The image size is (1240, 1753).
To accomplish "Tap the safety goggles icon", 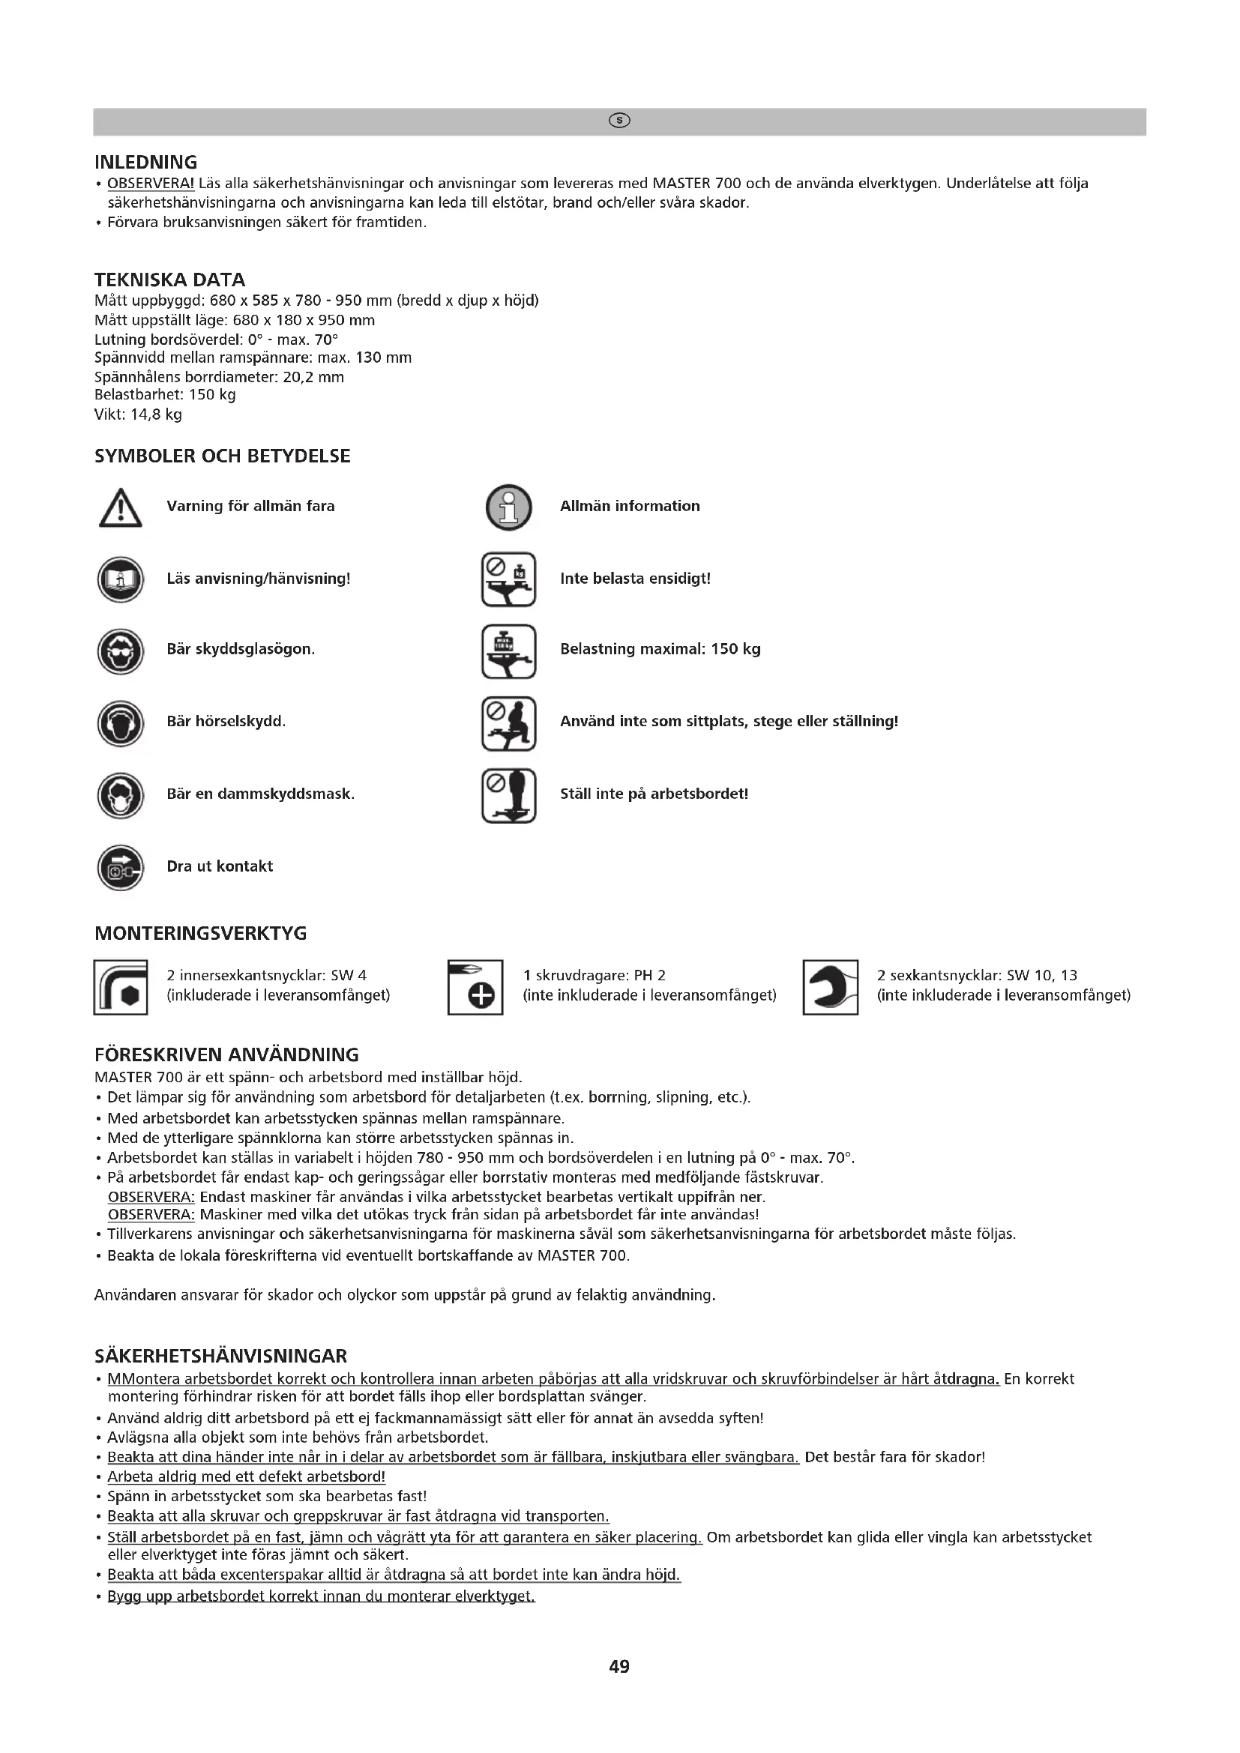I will pyautogui.click(x=121, y=651).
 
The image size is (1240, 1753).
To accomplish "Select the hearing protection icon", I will pyautogui.click(x=121, y=723).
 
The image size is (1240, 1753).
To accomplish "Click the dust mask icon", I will pyautogui.click(x=121, y=796).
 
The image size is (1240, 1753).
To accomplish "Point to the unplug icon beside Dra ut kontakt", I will pyautogui.click(x=121, y=868).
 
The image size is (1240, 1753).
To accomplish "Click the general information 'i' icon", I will pyautogui.click(x=508, y=507).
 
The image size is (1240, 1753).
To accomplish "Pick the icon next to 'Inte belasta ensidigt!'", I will pyautogui.click(x=508, y=580).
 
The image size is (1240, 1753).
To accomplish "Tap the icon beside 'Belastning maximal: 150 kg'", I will pyautogui.click(x=508, y=651).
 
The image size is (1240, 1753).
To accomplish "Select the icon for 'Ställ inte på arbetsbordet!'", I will pyautogui.click(x=508, y=796).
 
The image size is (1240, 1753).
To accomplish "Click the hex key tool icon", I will pyautogui.click(x=121, y=986).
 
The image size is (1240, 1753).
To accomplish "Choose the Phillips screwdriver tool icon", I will pyautogui.click(x=475, y=986).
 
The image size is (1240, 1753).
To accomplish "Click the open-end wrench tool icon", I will pyautogui.click(x=830, y=986).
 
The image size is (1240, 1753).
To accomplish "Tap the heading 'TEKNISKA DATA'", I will pyautogui.click(x=169, y=280).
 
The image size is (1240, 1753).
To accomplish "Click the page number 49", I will pyautogui.click(x=619, y=1666).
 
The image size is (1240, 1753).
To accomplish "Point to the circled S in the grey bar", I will pyautogui.click(x=619, y=121).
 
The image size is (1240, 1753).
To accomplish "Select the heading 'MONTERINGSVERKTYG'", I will pyautogui.click(x=201, y=933).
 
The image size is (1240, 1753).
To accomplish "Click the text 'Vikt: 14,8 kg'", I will pyautogui.click(x=138, y=414).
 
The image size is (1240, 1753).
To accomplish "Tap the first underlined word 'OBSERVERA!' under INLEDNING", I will pyautogui.click(x=151, y=183).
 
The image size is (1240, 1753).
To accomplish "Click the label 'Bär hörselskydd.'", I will pyautogui.click(x=226, y=722).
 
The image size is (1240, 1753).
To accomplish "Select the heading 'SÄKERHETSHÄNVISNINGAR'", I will pyautogui.click(x=220, y=1356).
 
